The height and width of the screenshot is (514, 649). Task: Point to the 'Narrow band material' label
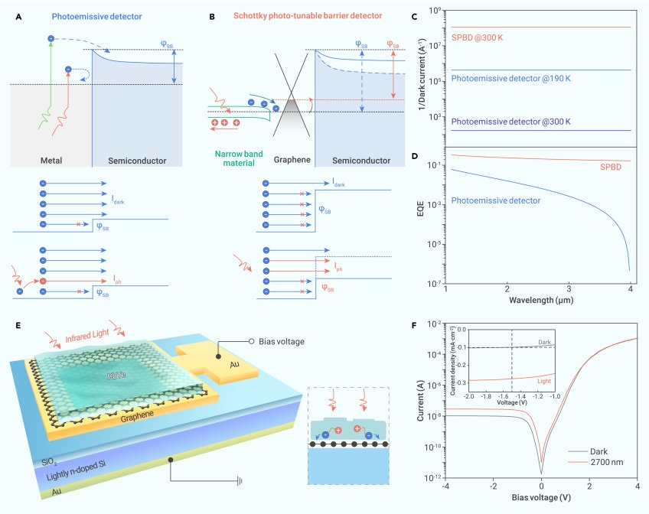[224, 156]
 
